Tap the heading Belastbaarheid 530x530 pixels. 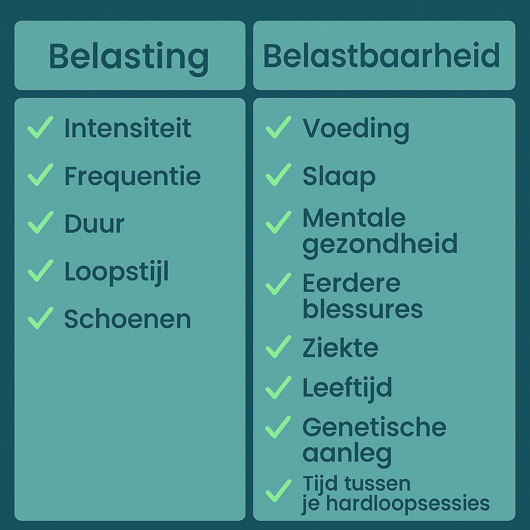[381, 55]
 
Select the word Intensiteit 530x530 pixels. [128, 128]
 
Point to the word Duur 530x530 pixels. [94, 224]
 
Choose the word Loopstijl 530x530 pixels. [116, 273]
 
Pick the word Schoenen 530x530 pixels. [127, 319]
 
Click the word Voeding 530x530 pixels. [356, 130]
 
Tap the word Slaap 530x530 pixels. [339, 178]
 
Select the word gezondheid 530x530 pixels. [380, 245]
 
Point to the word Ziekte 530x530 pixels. [341, 347]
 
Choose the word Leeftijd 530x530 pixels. [347, 389]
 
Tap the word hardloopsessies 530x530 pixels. [408, 504]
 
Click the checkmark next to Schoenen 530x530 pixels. [40, 318]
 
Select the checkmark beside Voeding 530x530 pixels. [278, 127]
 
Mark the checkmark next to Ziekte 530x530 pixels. [278, 347]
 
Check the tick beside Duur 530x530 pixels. [40, 223]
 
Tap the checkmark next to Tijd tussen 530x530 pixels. [278, 491]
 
